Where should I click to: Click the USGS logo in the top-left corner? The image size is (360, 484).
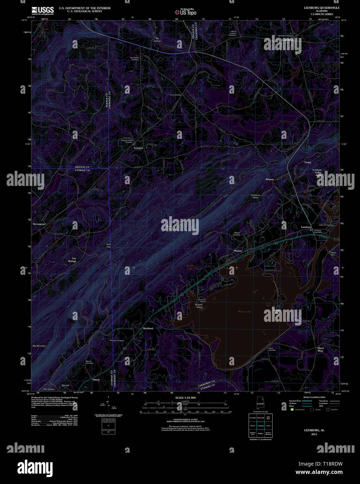tap(43, 10)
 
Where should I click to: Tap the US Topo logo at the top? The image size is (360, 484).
tap(185, 11)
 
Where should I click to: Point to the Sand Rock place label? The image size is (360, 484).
tap(288, 40)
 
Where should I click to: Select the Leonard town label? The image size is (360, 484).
tap(138, 148)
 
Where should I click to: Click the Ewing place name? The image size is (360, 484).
tap(307, 163)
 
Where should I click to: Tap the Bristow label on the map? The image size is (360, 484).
tap(270, 179)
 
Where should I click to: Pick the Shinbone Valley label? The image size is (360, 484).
tap(256, 196)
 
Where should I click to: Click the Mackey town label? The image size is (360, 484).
tap(238, 251)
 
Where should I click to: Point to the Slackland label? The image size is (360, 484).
tap(148, 328)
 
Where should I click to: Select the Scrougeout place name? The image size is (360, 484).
tap(39, 224)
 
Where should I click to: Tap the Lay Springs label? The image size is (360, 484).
tap(72, 260)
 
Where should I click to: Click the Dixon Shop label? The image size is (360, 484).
tap(320, 349)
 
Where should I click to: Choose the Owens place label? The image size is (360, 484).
tap(96, 380)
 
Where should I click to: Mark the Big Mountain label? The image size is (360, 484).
tap(39, 346)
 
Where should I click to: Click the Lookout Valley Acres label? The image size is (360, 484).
tap(317, 172)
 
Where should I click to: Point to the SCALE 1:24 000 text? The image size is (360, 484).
tap(185, 398)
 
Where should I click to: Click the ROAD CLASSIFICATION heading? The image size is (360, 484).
tap(314, 397)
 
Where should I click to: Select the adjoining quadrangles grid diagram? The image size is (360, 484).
tap(260, 425)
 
